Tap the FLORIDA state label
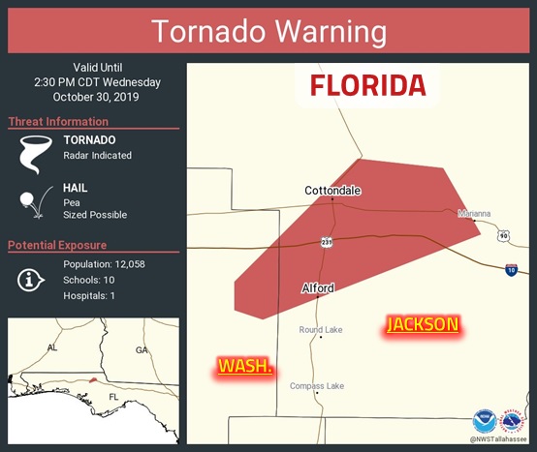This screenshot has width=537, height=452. click(x=367, y=85)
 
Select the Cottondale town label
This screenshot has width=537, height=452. click(x=332, y=191)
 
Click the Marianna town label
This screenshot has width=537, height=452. click(x=474, y=213)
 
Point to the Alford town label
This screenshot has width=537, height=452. click(x=318, y=288)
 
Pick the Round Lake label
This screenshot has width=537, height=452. click(x=321, y=330)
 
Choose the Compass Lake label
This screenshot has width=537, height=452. click(x=317, y=386)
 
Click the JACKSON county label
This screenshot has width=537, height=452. click(x=423, y=324)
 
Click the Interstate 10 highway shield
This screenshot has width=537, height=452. click(x=511, y=268)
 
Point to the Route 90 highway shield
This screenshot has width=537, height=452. click(x=503, y=235)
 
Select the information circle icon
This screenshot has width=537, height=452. click(x=31, y=280)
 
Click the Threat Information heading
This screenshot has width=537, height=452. click(x=57, y=121)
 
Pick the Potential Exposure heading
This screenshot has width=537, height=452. click(x=57, y=245)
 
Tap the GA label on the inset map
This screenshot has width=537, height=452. click(x=142, y=349)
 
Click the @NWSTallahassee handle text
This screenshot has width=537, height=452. click(x=500, y=438)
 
